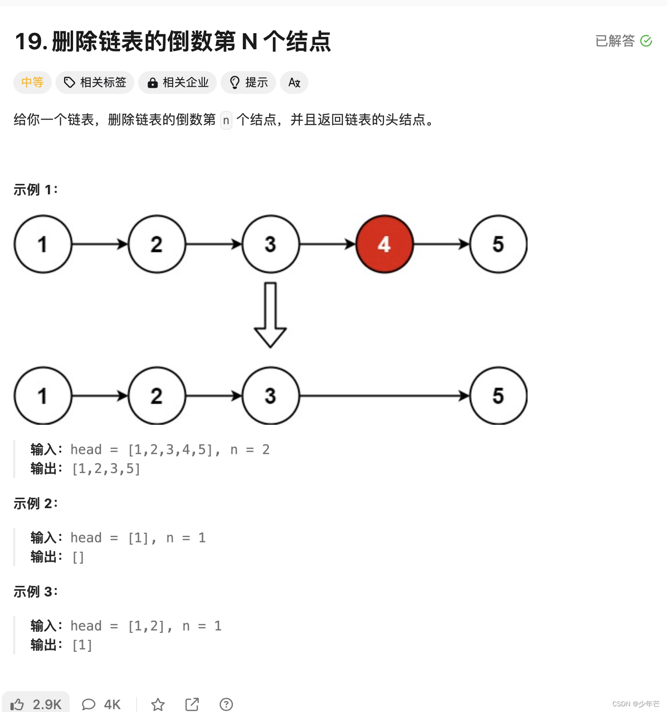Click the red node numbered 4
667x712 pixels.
tap(384, 244)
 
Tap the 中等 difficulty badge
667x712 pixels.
tap(32, 82)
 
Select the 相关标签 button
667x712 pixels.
tap(95, 82)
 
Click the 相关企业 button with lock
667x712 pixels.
tap(177, 82)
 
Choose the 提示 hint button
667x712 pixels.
tap(248, 82)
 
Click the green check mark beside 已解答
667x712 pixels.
tap(646, 41)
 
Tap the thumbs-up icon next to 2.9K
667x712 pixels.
tap(18, 704)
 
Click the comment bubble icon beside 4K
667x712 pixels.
tap(89, 704)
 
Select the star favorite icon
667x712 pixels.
tap(158, 704)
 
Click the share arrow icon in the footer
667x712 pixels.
tap(192, 704)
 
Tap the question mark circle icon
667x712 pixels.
tap(226, 704)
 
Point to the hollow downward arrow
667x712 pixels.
tap(270, 315)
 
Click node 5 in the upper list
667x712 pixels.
tap(498, 244)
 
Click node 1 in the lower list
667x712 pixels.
tap(43, 395)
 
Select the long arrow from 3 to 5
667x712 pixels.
tap(384, 395)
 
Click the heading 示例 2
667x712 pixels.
tap(36, 503)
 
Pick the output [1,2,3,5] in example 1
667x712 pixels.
tap(106, 469)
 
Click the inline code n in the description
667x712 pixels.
tap(226, 120)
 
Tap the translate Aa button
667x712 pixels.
tap(294, 82)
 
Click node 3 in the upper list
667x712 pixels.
tap(270, 244)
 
